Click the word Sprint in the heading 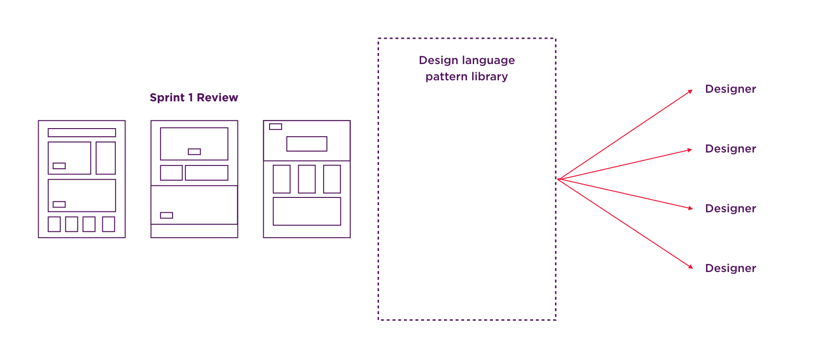tap(167, 98)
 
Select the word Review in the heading tap(217, 98)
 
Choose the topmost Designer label tap(731, 89)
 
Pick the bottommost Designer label tap(731, 268)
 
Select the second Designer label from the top tap(731, 149)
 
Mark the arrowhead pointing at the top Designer tap(690, 91)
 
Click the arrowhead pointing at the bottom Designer tap(690, 267)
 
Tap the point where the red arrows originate tap(558, 179)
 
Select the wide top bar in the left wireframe tap(82, 132)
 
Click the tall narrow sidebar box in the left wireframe tap(106, 158)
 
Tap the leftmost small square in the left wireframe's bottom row tap(54, 224)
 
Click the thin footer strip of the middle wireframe tap(194, 231)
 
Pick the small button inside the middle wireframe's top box tap(194, 152)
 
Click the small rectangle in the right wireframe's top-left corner tap(275, 127)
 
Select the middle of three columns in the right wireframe tap(307, 179)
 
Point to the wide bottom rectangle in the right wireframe tap(307, 212)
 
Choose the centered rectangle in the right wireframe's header tap(307, 144)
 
